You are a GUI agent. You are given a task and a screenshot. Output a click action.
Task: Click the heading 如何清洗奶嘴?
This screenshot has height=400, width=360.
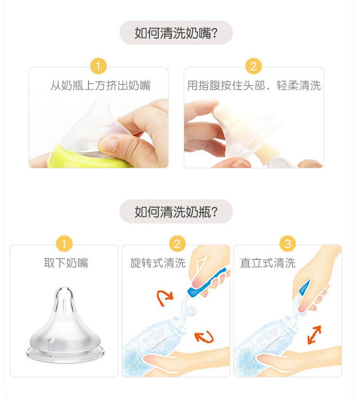click(176, 33)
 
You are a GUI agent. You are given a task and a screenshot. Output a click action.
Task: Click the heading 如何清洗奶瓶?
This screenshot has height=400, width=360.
click(176, 212)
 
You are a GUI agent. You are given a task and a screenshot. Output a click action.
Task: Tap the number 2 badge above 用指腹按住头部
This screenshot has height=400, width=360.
click(253, 67)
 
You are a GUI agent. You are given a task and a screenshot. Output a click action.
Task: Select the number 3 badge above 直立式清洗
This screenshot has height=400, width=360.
click(287, 244)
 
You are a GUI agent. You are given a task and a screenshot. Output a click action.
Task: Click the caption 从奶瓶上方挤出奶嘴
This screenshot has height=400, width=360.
click(100, 86)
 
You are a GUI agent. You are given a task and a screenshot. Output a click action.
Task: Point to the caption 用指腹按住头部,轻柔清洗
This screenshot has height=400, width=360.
click(253, 86)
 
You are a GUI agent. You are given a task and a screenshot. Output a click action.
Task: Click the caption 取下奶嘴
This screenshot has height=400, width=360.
click(66, 263)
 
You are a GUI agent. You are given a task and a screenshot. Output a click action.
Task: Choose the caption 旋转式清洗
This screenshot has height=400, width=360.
click(157, 263)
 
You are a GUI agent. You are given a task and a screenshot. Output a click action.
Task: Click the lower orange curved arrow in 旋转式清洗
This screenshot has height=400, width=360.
click(204, 336)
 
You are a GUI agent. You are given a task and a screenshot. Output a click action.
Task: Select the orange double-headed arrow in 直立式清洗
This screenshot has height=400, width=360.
click(314, 334)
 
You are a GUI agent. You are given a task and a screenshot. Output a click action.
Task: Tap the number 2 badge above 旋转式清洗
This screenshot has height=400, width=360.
click(177, 244)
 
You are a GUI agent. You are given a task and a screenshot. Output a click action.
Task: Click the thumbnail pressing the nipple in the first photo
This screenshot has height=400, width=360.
click(109, 144)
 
